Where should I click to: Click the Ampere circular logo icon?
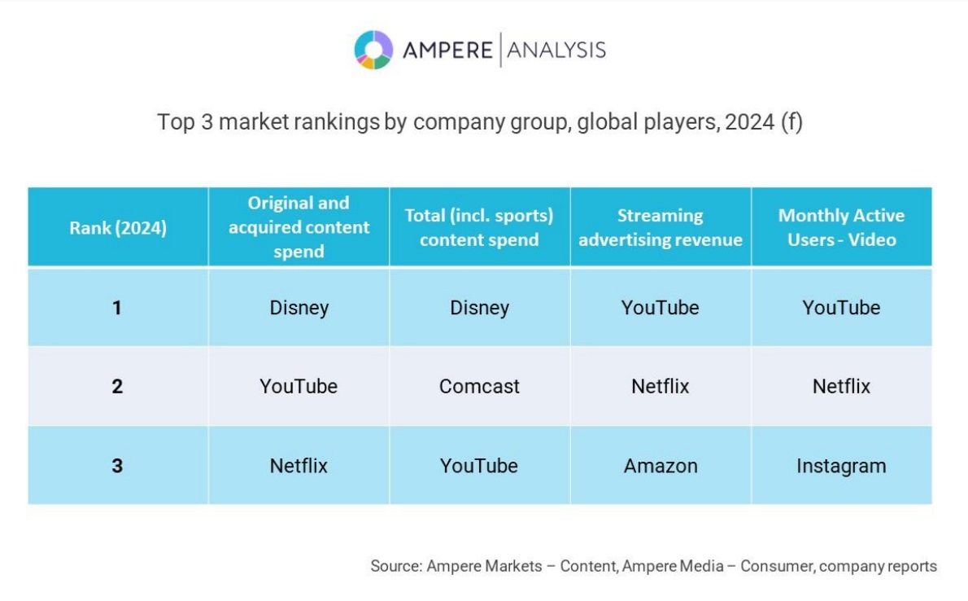pyautogui.click(x=373, y=50)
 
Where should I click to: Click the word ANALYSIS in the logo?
pyautogui.click(x=556, y=50)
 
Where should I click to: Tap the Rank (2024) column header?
pyautogui.click(x=118, y=228)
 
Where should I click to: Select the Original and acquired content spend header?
pyautogui.click(x=299, y=227)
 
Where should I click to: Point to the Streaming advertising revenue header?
pyautogui.click(x=660, y=227)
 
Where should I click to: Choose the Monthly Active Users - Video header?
pyautogui.click(x=841, y=227)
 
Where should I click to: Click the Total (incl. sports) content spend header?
pyautogui.click(x=479, y=227)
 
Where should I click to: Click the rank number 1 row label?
pyautogui.click(x=117, y=308)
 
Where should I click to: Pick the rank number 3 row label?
pyautogui.click(x=117, y=467)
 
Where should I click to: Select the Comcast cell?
pyautogui.click(x=479, y=386)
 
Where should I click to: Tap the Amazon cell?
pyautogui.click(x=661, y=467)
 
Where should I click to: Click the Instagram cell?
pyautogui.click(x=841, y=467)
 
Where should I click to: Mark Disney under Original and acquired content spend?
pyautogui.click(x=299, y=308)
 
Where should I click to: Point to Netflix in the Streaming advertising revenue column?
pyautogui.click(x=661, y=386)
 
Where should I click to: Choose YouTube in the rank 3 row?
pyautogui.click(x=479, y=467)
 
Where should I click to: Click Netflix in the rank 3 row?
pyautogui.click(x=299, y=467)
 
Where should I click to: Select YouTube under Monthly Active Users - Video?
pyautogui.click(x=841, y=308)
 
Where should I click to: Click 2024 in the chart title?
pyautogui.click(x=749, y=123)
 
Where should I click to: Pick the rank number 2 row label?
pyautogui.click(x=117, y=386)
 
